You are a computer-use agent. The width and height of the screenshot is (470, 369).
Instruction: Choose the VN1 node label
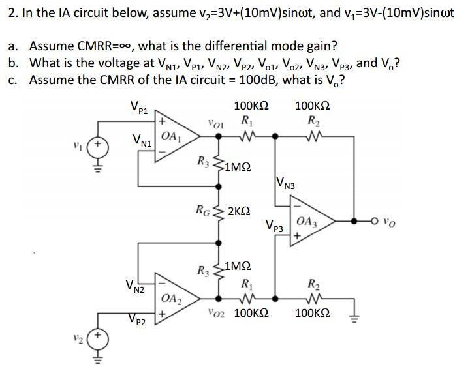pyautogui.click(x=142, y=138)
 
